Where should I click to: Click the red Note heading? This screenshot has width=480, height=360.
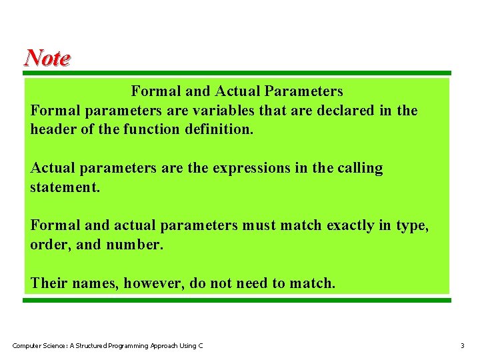(x=47, y=58)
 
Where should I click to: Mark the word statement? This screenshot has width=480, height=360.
(x=65, y=187)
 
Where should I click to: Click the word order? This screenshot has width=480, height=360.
(x=51, y=245)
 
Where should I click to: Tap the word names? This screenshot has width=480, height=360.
(x=96, y=283)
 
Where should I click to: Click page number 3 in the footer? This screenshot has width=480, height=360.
(x=462, y=345)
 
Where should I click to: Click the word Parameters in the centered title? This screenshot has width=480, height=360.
(x=303, y=91)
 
